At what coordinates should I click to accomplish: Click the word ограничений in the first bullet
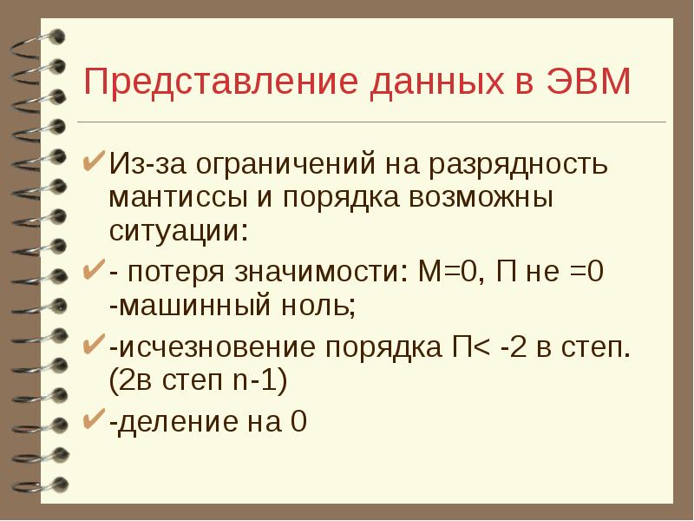[282, 163]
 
